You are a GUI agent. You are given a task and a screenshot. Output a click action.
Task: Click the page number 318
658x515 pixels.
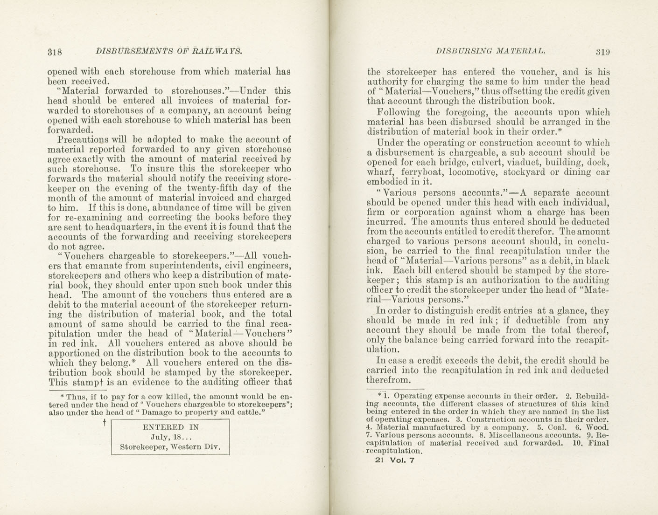point(55,52)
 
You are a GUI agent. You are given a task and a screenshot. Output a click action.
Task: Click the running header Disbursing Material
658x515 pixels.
point(490,51)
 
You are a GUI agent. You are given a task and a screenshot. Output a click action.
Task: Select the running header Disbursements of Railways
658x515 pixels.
point(168,51)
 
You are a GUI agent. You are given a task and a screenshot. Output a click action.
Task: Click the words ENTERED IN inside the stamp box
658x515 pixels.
point(170,427)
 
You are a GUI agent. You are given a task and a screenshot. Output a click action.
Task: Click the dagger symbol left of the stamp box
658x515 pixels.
point(105,422)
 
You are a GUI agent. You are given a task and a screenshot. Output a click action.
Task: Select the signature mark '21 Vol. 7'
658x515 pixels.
point(394,460)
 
